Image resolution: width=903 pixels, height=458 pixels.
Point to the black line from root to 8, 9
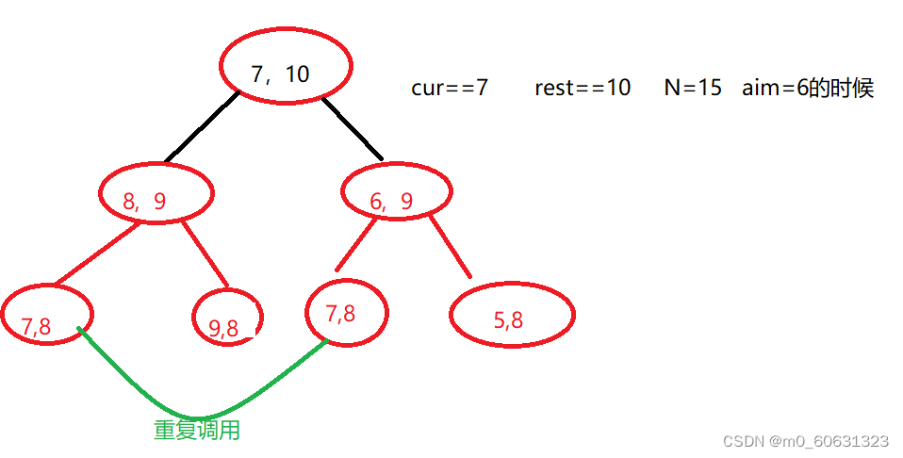pos(202,126)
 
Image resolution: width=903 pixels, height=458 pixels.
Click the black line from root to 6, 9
pos(352,128)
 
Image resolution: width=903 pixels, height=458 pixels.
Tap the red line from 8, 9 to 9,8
pos(205,254)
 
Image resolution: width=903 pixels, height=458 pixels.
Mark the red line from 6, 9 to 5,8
pos(451,247)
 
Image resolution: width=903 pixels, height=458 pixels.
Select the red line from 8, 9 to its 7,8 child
pos(98,254)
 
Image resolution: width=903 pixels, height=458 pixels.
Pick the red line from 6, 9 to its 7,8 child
pos(356,244)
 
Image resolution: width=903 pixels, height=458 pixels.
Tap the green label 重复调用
pos(196,431)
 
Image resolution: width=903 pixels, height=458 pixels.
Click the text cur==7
pos(450,88)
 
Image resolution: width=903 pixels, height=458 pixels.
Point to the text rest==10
pos(583,88)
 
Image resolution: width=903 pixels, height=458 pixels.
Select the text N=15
pos(693,88)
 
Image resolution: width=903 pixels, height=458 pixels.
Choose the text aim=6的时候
pos(808,89)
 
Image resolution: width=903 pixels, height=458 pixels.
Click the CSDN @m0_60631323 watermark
pos(806,441)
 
